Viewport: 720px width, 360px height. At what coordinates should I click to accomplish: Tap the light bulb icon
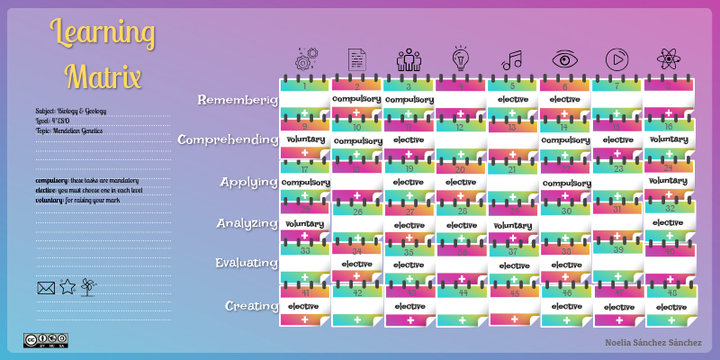click(x=460, y=58)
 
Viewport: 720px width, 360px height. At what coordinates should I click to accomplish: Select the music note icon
click(x=511, y=60)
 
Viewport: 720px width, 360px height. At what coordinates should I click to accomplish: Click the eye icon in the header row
click(x=564, y=59)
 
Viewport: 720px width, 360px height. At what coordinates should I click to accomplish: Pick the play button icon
click(x=616, y=59)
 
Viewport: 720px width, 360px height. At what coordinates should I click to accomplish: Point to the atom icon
click(x=668, y=59)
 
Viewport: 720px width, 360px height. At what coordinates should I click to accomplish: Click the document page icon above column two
click(x=357, y=59)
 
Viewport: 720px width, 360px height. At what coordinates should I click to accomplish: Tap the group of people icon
click(x=408, y=59)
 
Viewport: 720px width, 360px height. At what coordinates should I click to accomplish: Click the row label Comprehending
click(x=228, y=139)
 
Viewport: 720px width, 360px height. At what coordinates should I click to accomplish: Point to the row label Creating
click(x=251, y=306)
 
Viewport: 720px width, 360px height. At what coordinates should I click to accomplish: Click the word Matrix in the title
click(x=103, y=75)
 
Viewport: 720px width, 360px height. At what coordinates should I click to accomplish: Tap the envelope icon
click(x=46, y=288)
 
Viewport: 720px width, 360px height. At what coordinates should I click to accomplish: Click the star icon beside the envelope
click(x=67, y=287)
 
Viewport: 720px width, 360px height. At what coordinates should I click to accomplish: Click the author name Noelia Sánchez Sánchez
click(x=652, y=343)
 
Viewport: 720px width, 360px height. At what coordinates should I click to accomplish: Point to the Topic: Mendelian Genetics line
click(x=69, y=130)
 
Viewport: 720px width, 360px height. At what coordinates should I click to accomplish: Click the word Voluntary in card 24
click(x=668, y=181)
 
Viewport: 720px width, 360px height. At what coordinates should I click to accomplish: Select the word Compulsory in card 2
click(x=356, y=98)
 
